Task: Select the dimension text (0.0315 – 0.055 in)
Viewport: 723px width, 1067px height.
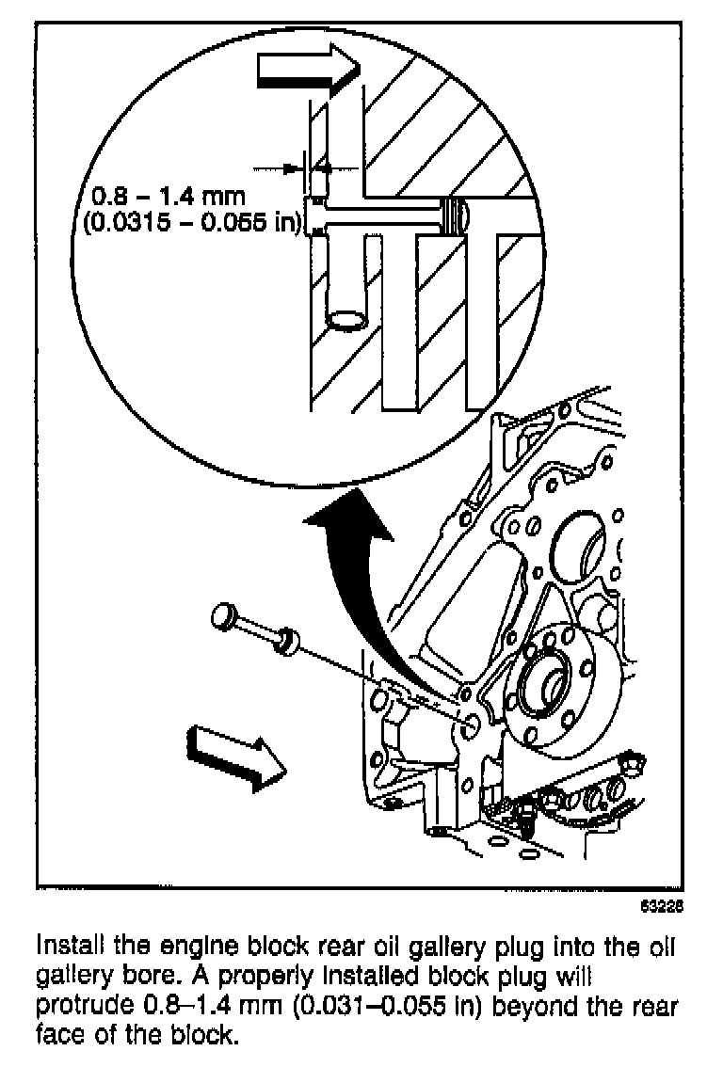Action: pos(195,224)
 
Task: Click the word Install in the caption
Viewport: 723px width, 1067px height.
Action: pos(67,944)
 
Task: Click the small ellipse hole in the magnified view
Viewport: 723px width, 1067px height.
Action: pos(348,319)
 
